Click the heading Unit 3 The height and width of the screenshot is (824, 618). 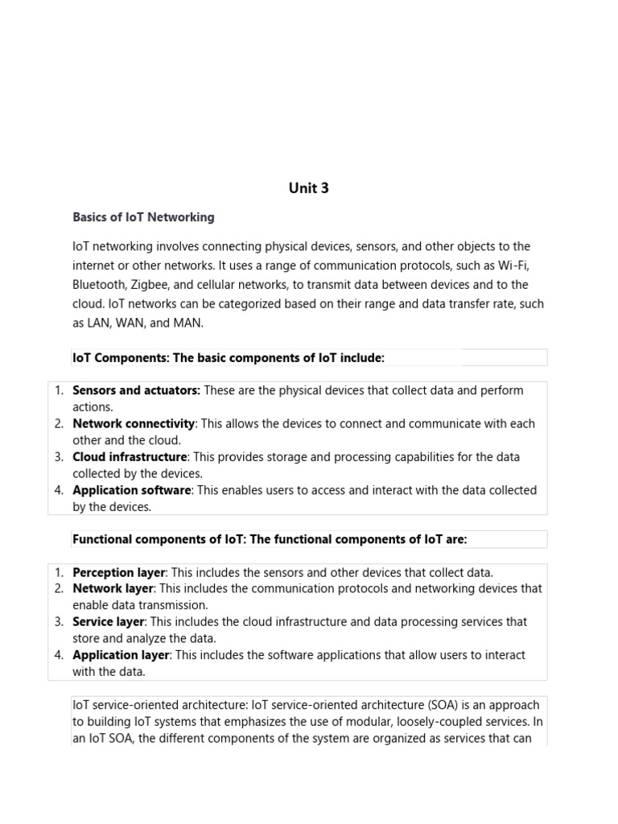(309, 188)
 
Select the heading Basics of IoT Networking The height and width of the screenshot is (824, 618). (143, 217)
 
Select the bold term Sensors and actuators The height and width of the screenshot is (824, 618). (136, 390)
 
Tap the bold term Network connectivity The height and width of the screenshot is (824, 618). (134, 423)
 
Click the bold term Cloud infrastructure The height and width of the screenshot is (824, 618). (130, 457)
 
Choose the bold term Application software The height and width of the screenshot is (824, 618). (131, 490)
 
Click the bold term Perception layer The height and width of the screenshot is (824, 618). (118, 573)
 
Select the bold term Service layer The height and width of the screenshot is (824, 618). (108, 622)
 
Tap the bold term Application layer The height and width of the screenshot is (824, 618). (120, 655)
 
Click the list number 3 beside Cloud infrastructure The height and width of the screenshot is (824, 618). (59, 457)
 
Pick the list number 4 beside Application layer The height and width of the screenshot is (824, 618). (59, 655)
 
